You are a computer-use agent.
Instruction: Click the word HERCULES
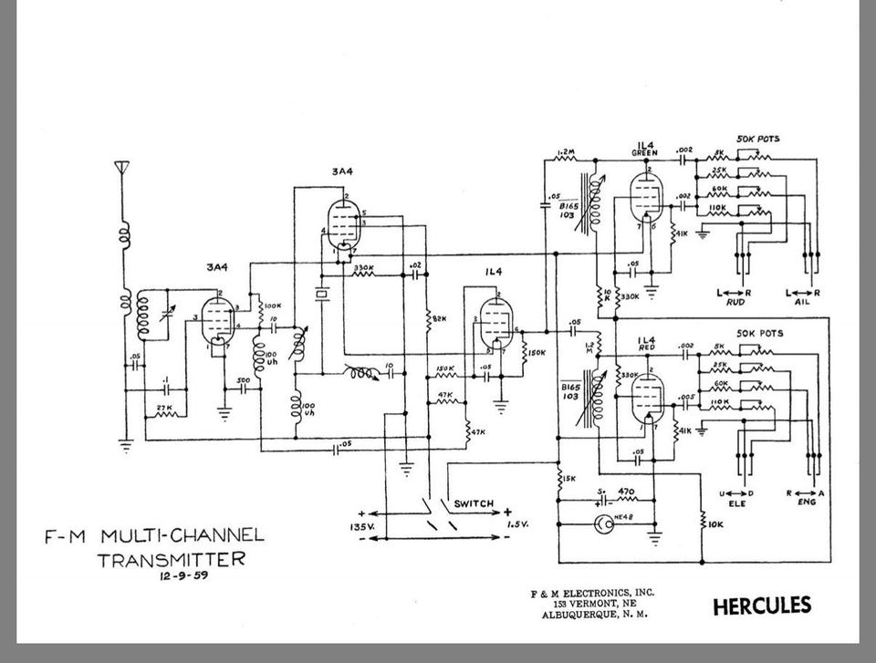tap(761, 606)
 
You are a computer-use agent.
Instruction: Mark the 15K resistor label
tap(568, 479)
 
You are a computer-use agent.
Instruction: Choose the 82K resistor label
tap(439, 318)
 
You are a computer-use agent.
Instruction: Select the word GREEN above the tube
tap(645, 153)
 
